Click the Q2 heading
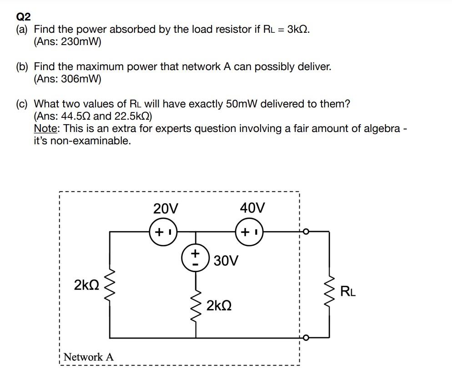pyautogui.click(x=23, y=17)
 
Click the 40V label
pyautogui.click(x=252, y=208)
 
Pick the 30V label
pyautogui.click(x=226, y=261)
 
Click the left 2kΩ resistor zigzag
pyautogui.click(x=109, y=286)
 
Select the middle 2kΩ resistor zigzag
pyautogui.click(x=196, y=304)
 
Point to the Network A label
pyautogui.click(x=89, y=357)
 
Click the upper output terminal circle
pyautogui.click(x=306, y=232)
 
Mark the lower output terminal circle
pyautogui.click(x=306, y=338)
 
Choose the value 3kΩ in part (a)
pyautogui.click(x=298, y=30)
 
